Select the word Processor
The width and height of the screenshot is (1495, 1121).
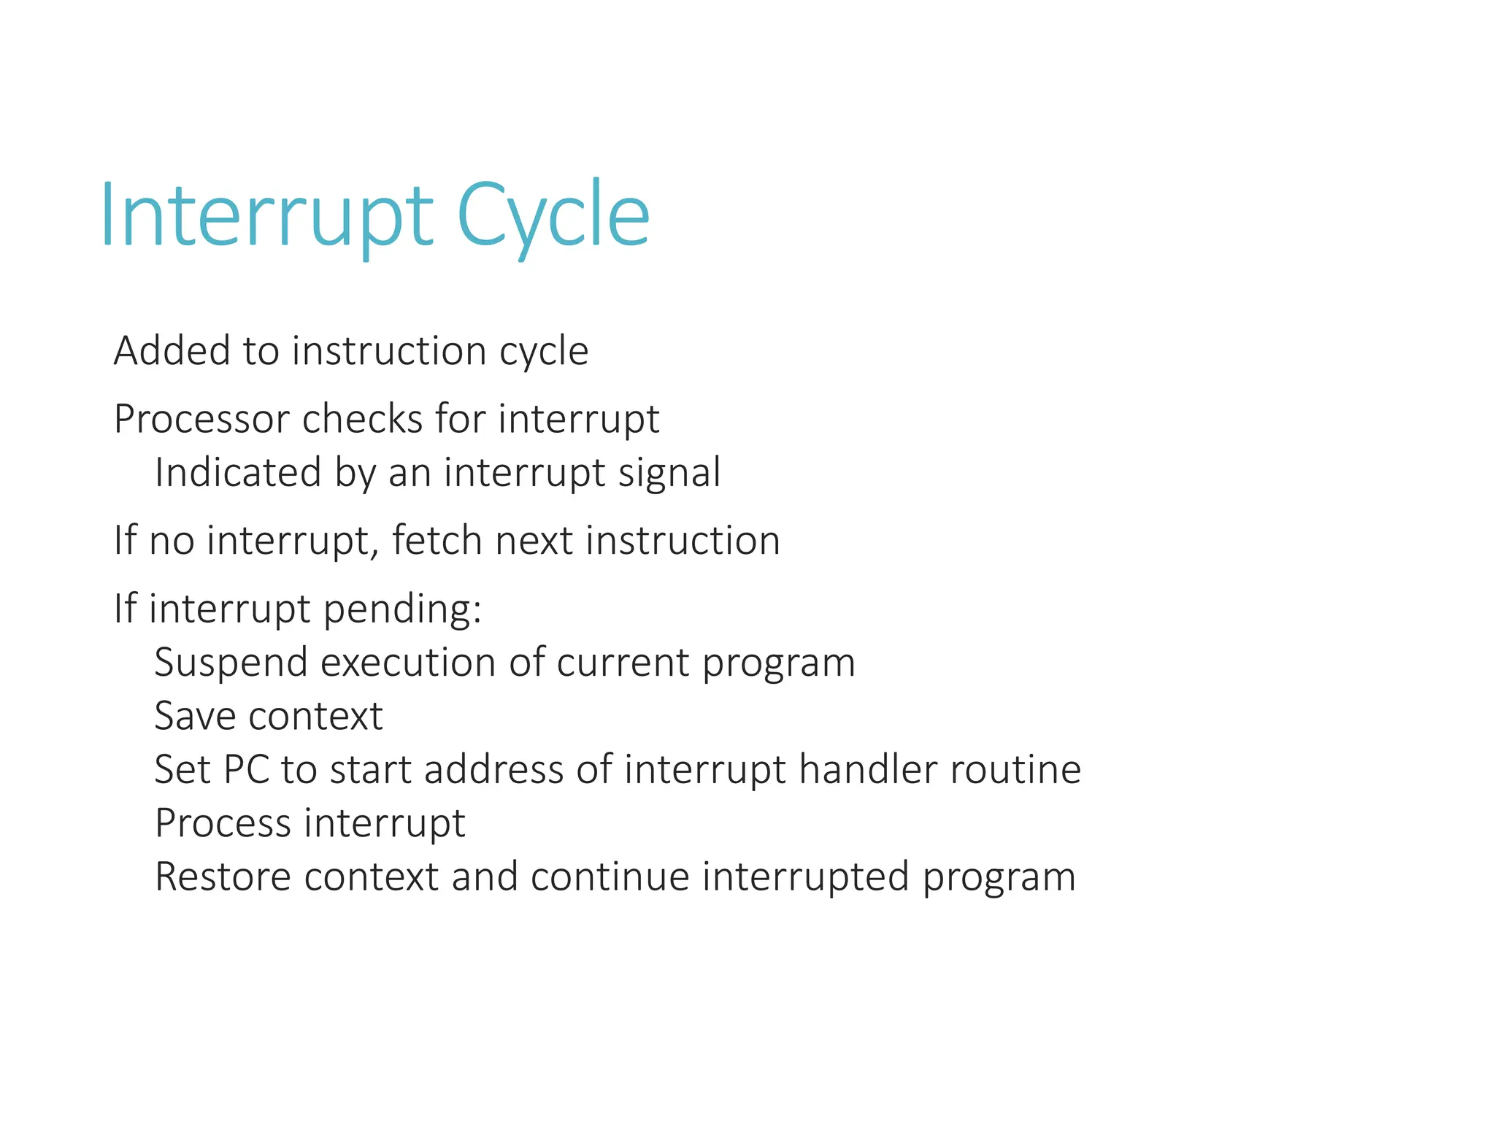pyautogui.click(x=201, y=420)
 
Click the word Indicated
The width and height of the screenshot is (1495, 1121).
pyautogui.click(x=238, y=472)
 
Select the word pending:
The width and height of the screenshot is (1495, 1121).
pyautogui.click(x=402, y=610)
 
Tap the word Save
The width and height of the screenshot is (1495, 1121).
pyautogui.click(x=194, y=716)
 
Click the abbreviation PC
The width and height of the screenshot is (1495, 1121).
pyautogui.click(x=247, y=770)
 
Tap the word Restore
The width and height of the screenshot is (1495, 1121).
pyautogui.click(x=223, y=877)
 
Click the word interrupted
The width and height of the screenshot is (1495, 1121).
pyautogui.click(x=806, y=878)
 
